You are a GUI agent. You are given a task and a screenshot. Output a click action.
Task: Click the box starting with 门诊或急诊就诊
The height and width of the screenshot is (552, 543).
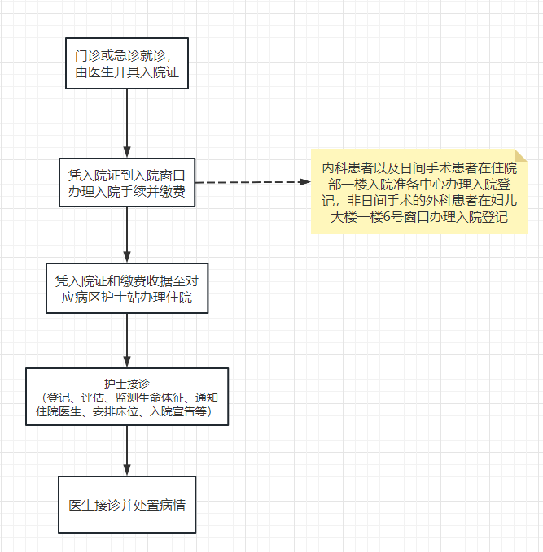tap(127, 63)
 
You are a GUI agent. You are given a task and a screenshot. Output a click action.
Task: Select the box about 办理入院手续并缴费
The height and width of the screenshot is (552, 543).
tap(127, 182)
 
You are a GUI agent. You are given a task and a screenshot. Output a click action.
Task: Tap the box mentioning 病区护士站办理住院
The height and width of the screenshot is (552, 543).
tap(127, 288)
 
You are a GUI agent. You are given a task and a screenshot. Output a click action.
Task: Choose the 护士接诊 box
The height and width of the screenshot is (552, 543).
tap(127, 397)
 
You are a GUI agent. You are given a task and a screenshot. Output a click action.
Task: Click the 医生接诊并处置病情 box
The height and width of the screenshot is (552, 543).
tap(127, 505)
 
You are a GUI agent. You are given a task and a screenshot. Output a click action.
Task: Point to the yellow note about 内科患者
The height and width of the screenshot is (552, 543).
tap(419, 192)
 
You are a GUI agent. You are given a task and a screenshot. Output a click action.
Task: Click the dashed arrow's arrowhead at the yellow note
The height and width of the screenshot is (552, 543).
tap(304, 182)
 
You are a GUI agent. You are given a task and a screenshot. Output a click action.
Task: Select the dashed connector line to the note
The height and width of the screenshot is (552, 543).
tap(253, 182)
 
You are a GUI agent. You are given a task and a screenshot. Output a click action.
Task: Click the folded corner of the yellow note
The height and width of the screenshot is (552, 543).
tap(521, 155)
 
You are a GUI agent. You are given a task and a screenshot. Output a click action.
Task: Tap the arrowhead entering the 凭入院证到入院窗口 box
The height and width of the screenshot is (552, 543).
tap(127, 152)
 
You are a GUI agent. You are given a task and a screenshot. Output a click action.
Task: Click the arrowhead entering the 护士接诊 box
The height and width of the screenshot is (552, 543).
tap(127, 362)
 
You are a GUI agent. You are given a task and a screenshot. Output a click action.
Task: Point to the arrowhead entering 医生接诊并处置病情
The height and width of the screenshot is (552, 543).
tap(127, 471)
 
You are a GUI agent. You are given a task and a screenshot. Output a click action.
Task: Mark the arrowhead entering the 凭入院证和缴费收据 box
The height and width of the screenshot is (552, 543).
tap(127, 257)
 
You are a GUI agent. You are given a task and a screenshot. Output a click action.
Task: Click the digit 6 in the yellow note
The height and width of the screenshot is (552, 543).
tap(387, 217)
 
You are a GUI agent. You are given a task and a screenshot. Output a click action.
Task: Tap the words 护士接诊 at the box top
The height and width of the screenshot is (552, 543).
tap(127, 384)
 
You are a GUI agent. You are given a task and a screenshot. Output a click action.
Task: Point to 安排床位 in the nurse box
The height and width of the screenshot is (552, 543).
tap(116, 411)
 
